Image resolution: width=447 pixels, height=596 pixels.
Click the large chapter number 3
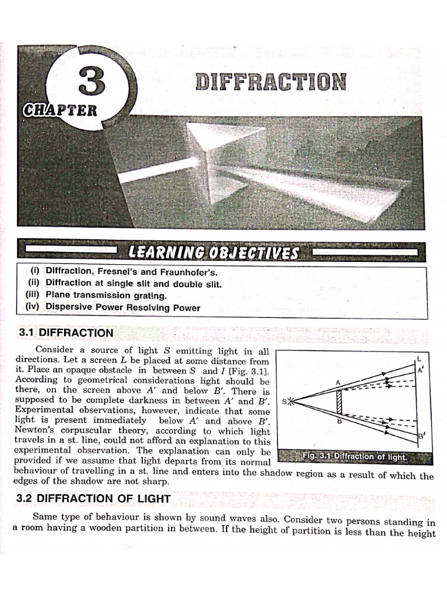(x=91, y=81)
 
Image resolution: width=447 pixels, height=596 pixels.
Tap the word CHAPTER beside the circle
(x=60, y=110)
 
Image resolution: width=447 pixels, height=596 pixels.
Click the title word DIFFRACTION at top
(x=271, y=81)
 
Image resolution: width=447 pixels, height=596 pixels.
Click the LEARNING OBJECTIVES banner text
(x=214, y=253)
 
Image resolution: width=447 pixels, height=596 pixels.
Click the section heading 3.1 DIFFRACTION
(x=66, y=332)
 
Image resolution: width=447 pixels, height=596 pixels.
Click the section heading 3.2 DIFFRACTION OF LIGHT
(x=94, y=498)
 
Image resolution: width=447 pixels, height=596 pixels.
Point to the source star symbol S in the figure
(x=290, y=400)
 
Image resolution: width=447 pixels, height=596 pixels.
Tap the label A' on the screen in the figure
(x=421, y=370)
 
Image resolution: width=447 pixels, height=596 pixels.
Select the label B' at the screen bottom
(x=421, y=436)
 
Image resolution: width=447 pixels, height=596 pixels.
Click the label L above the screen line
(x=419, y=359)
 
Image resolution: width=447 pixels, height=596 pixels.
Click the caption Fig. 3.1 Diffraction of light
(x=354, y=456)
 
